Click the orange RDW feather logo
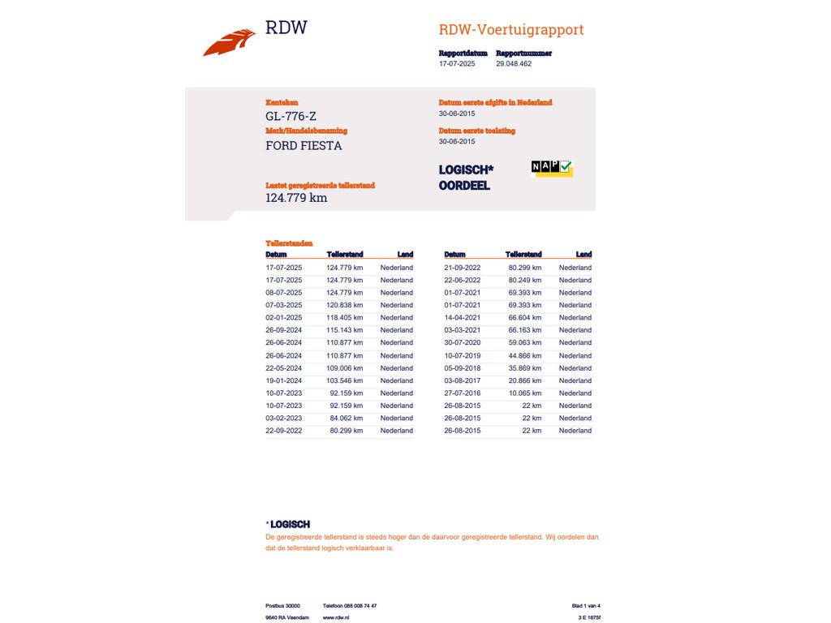229,42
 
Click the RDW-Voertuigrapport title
510,30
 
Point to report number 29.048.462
514,63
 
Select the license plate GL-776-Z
291,117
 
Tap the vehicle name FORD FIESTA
304,146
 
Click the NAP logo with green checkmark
552,167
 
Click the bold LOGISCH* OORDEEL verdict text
466,178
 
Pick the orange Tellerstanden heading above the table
289,243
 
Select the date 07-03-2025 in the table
283,305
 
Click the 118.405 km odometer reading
345,318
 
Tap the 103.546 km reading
345,380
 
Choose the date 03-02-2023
283,419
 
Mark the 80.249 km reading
525,280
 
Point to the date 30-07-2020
462,343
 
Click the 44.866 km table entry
525,355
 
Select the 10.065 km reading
525,393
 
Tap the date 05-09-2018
462,368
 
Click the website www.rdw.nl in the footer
336,618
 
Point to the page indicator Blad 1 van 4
586,606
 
